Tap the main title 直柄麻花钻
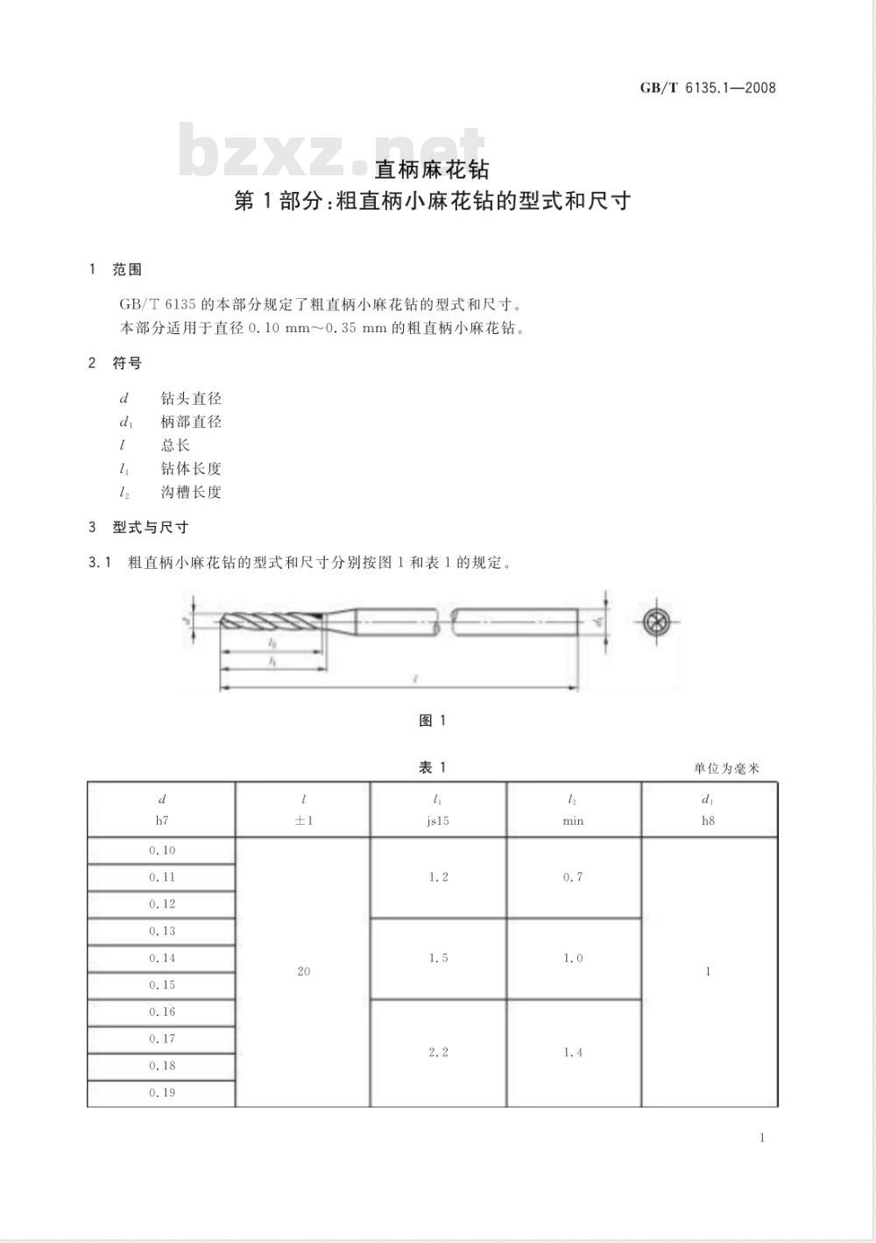(x=432, y=168)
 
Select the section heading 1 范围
(x=117, y=270)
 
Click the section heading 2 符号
(x=117, y=363)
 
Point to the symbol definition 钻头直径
(x=191, y=399)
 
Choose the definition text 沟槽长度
(x=191, y=493)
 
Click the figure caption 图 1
(x=433, y=721)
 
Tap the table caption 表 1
(x=433, y=768)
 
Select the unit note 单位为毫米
(x=726, y=769)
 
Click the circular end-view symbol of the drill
(x=656, y=622)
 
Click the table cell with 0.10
(x=162, y=851)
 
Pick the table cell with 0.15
(x=162, y=985)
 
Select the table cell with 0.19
(x=162, y=1093)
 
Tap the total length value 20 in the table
(x=303, y=971)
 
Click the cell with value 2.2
(x=438, y=1052)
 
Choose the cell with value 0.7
(x=573, y=877)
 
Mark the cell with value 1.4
(x=573, y=1052)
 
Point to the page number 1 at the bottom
(x=762, y=1138)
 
